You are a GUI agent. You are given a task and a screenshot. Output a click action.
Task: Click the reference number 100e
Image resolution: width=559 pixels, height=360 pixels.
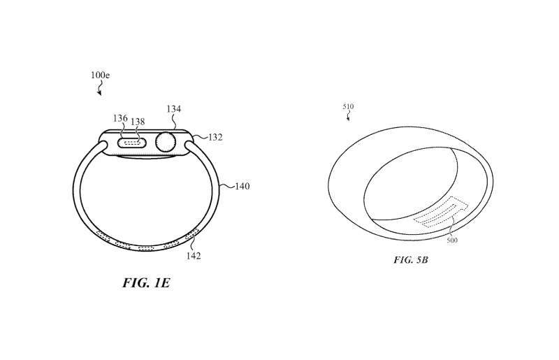click(x=99, y=73)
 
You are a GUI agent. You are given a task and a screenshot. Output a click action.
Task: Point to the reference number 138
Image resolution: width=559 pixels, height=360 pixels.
click(x=138, y=122)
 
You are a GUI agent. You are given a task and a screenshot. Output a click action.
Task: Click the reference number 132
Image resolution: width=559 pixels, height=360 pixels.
click(x=215, y=138)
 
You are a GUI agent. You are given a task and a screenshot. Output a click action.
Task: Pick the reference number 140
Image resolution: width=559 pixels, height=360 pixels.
click(x=242, y=187)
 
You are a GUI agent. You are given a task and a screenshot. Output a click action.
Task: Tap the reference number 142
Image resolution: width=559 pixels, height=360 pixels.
click(x=194, y=256)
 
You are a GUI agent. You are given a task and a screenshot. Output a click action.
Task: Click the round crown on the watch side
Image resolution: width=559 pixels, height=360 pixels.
click(x=166, y=142)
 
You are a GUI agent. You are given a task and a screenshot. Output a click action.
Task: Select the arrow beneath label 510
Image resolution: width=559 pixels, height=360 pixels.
click(x=349, y=117)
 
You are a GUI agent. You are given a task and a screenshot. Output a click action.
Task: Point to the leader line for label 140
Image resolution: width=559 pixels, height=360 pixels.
click(x=227, y=187)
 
